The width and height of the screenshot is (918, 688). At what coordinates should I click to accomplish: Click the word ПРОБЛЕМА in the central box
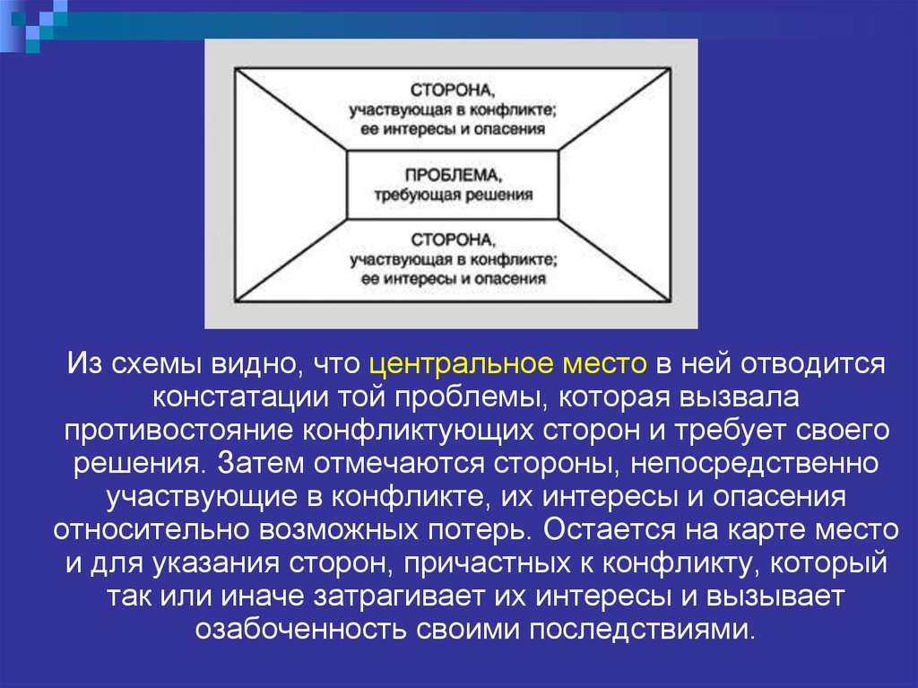(x=453, y=175)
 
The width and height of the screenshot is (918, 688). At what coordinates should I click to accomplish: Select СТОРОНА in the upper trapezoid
(x=453, y=91)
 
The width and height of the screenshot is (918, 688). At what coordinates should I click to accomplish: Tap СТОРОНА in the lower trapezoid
(x=453, y=239)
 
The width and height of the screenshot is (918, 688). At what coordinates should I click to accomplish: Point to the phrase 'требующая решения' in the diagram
(x=454, y=195)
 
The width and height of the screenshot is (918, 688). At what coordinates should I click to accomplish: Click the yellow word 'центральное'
(x=461, y=364)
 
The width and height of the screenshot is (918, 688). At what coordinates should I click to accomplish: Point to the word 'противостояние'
(x=178, y=431)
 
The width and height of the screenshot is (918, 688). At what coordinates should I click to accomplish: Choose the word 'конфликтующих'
(x=418, y=431)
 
